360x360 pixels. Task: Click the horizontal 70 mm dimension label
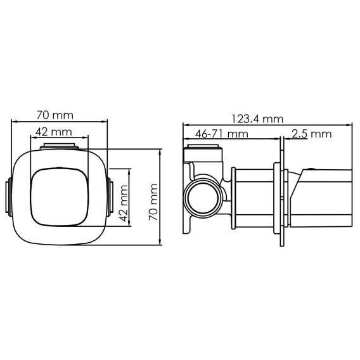(x=55, y=115)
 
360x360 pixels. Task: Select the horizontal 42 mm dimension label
(x=54, y=132)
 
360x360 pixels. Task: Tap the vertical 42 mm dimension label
(x=124, y=203)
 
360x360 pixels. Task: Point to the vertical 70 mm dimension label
(x=153, y=202)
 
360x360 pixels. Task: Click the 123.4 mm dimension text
(x=257, y=119)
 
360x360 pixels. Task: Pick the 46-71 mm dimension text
(x=222, y=134)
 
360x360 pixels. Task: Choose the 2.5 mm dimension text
(x=312, y=134)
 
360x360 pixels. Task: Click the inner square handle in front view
(x=59, y=196)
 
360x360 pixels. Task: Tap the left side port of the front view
(x=8, y=197)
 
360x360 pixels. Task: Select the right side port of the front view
(x=110, y=196)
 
